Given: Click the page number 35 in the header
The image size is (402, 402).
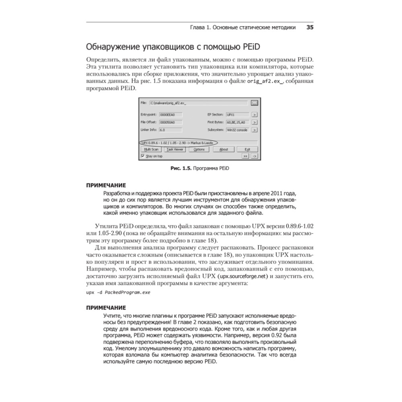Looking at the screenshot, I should (310, 28).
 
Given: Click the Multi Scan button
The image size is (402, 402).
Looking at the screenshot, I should (150, 149).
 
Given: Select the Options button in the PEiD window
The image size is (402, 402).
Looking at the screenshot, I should (199, 149).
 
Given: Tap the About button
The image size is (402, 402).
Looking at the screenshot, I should (224, 149).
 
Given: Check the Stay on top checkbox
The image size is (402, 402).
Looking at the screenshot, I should (143, 156).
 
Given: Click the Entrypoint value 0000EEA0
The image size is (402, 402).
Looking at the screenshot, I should (170, 114).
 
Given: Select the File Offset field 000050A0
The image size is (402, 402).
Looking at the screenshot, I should (170, 122).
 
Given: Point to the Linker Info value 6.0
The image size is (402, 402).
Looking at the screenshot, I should (170, 130).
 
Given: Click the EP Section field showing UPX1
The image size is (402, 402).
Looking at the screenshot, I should (237, 114).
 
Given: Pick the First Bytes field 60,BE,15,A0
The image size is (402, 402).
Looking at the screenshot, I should (238, 122).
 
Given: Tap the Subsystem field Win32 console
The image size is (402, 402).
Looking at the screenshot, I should (237, 130).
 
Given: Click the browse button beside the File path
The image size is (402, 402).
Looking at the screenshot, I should (254, 103).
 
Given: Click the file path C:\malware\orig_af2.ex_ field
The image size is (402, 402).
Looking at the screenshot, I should (199, 103).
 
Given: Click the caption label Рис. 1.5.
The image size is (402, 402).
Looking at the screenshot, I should (181, 168).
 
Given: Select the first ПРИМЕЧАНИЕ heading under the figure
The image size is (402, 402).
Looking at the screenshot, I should (106, 185).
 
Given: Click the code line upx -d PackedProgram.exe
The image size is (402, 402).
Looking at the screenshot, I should (118, 292).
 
